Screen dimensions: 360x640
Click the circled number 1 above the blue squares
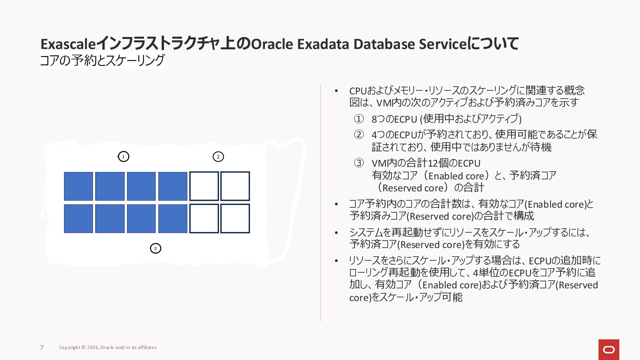click(124, 156)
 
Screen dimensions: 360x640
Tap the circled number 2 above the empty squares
click(218, 157)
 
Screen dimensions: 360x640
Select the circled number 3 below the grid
click(156, 248)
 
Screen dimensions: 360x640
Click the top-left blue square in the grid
click(79, 186)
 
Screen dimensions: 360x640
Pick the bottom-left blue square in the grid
click(79, 219)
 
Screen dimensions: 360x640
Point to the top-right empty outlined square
click(235, 186)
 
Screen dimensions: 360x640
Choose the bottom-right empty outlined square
click(235, 219)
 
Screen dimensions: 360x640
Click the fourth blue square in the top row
click(173, 186)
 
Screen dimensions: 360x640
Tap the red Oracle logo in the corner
click(609, 350)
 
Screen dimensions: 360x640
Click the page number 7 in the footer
click(42, 348)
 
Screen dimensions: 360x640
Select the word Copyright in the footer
click(70, 347)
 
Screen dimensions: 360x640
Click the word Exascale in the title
click(68, 44)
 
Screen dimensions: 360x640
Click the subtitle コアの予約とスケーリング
click(102, 60)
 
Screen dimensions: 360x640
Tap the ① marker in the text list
click(359, 119)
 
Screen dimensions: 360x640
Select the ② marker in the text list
click(359, 135)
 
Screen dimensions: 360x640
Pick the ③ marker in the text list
click(359, 163)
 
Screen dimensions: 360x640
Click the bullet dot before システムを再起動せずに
click(336, 233)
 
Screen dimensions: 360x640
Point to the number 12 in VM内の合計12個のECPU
click(432, 163)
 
